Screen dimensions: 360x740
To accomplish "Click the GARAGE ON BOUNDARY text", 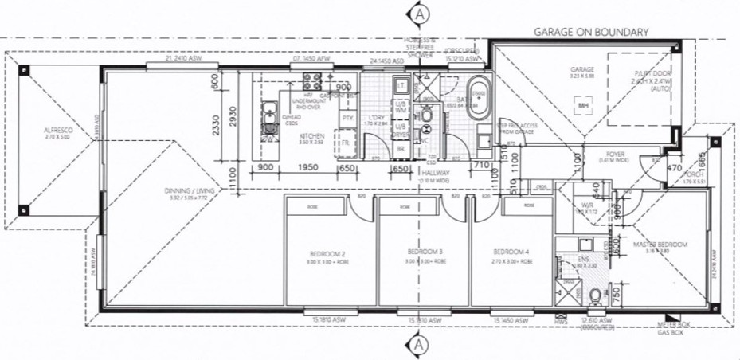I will [x=591, y=32].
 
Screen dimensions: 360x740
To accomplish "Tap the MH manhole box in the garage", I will [x=584, y=104].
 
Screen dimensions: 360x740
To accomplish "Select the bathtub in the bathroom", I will [x=477, y=99].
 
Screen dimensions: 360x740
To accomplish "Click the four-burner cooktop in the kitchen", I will [x=311, y=80].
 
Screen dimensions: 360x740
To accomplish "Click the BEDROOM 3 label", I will [x=423, y=251].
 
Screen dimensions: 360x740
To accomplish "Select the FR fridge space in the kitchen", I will [x=347, y=145].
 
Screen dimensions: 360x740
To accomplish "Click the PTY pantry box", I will [x=347, y=119].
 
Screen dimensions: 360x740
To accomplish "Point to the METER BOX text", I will [x=668, y=325].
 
